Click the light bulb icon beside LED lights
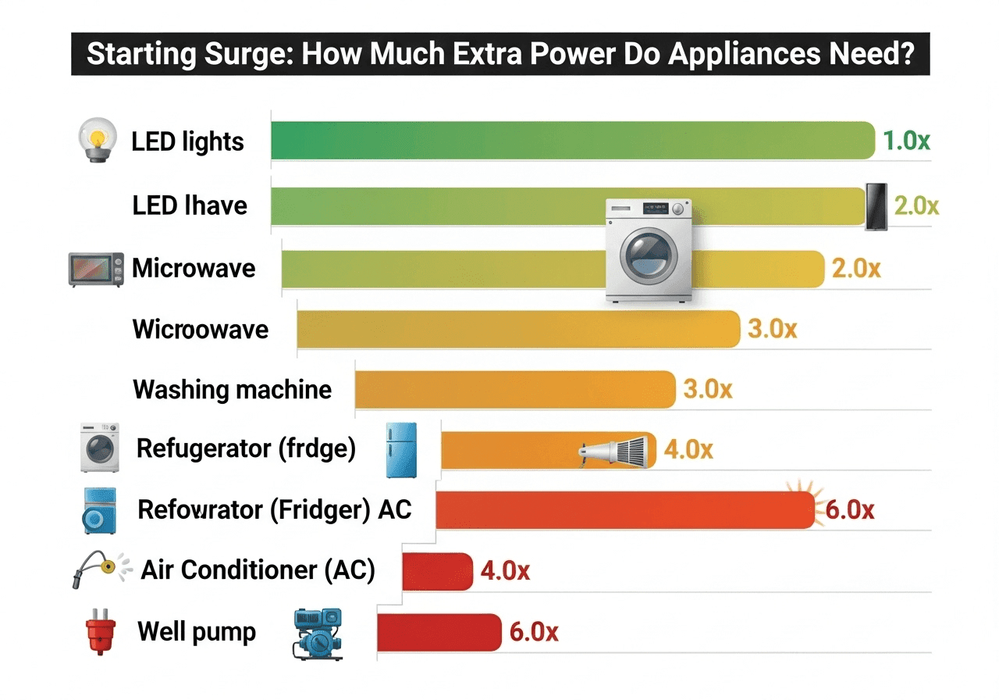[x=98, y=141]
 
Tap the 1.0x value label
[x=906, y=141]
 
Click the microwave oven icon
[x=97, y=269]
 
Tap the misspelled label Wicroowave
[x=201, y=329]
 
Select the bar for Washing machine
[x=515, y=389]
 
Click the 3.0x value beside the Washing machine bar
[x=708, y=389]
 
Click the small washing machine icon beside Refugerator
[x=99, y=448]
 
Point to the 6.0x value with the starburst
[x=849, y=510]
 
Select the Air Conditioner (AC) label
[x=258, y=570]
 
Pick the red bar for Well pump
[x=439, y=632]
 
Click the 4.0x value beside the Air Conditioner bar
[x=505, y=571]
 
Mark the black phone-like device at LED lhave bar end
[x=877, y=207]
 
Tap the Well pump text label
[x=197, y=631]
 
